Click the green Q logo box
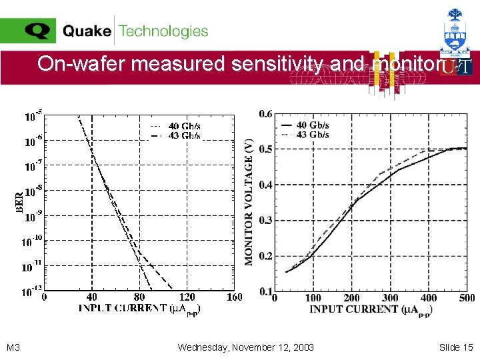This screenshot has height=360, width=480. click(28, 31)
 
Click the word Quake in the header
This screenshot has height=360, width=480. click(87, 31)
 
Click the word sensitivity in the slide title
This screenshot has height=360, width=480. click(277, 64)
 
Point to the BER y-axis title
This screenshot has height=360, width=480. click(19, 203)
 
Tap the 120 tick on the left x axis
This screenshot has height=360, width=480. click(187, 297)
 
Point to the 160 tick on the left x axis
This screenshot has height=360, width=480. click(234, 297)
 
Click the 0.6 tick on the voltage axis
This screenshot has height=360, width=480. click(265, 113)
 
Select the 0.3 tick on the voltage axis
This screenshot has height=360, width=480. click(265, 220)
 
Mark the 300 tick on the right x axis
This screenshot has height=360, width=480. click(390, 298)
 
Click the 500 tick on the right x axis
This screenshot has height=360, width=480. click(467, 298)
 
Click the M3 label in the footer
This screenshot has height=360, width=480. click(13, 347)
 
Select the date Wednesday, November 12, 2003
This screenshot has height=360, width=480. click(246, 347)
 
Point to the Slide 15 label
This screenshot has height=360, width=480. click(456, 347)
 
